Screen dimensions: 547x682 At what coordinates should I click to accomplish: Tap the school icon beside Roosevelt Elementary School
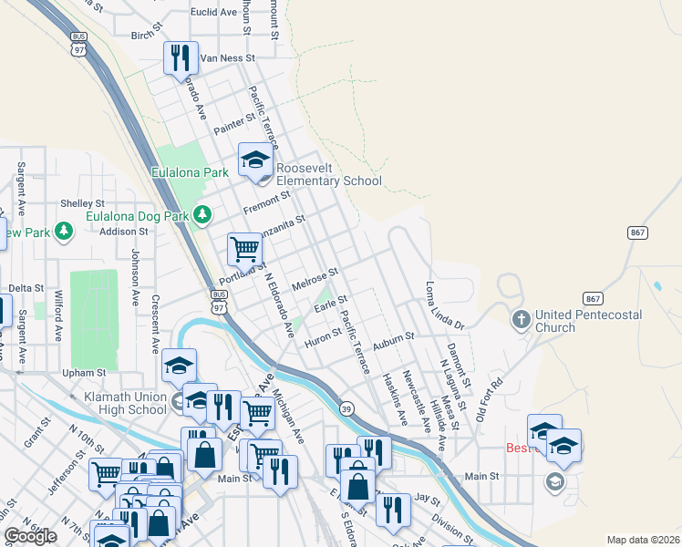pos(255,160)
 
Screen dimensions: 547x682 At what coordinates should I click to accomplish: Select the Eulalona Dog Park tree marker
pos(201,216)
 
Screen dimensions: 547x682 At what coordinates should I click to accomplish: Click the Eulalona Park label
pos(191,171)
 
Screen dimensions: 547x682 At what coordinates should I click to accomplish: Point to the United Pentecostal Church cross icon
pos(521,320)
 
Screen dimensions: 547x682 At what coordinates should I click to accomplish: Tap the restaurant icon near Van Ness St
pos(180,57)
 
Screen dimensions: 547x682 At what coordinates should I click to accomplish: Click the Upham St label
pos(84,373)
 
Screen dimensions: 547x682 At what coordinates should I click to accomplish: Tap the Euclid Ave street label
pos(213,13)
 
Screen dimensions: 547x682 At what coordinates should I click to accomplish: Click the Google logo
pos(30,536)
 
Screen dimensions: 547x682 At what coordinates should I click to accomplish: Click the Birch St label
pos(145,36)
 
